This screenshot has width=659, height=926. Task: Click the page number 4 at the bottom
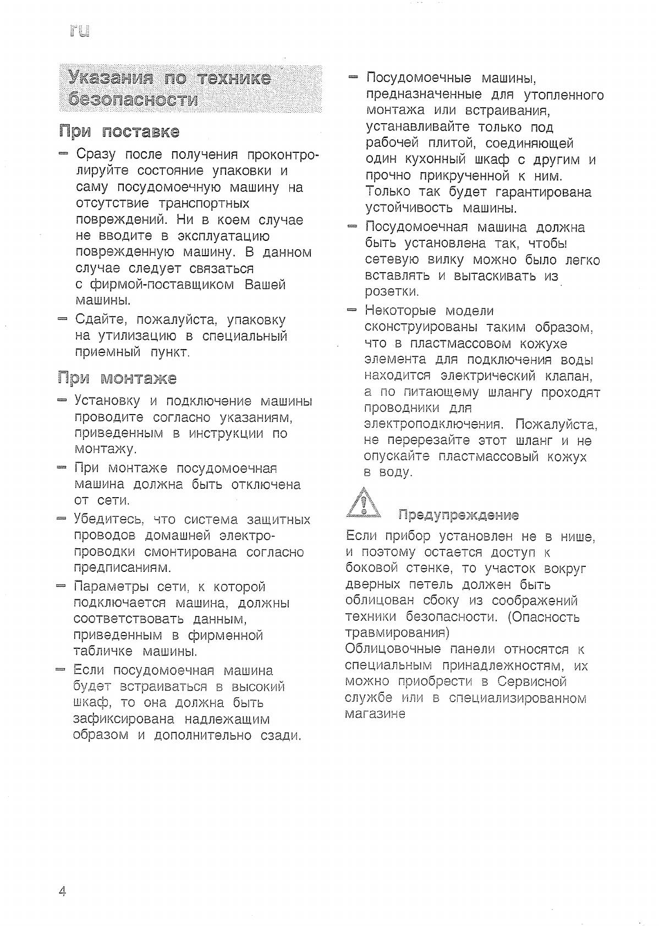tap(62, 891)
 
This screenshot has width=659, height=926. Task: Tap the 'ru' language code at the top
tap(79, 31)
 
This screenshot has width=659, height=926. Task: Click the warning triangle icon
tap(363, 504)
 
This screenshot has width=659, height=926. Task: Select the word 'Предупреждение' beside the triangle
tap(458, 515)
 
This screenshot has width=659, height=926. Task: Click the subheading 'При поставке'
tap(119, 132)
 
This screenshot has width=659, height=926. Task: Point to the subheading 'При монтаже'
tap(117, 378)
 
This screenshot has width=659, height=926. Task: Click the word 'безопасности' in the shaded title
tap(133, 100)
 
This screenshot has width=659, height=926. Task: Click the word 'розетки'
tap(392, 291)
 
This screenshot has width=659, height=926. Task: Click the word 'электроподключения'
tap(434, 425)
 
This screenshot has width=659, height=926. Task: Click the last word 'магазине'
tap(375, 714)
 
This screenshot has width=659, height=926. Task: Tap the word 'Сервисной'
tap(532, 682)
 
